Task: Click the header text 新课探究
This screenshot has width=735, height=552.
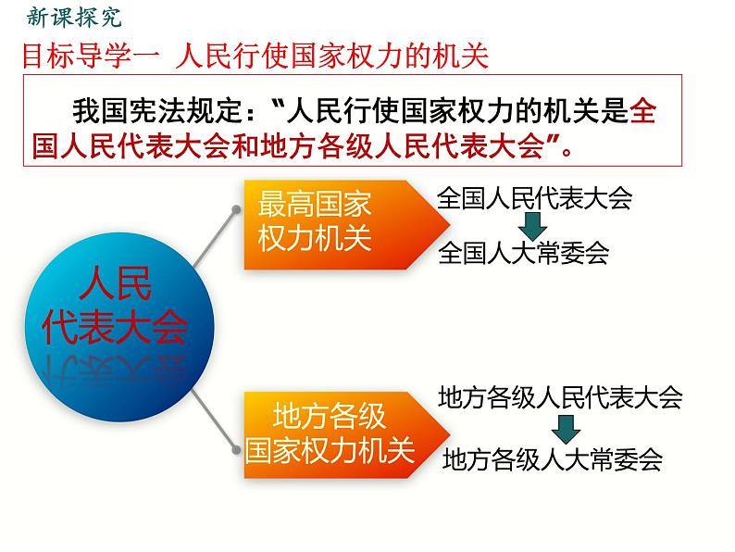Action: click(74, 18)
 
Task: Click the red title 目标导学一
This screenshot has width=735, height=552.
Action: click(91, 56)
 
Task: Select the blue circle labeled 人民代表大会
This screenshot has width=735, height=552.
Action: click(119, 327)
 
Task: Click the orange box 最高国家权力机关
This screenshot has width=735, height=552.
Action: click(347, 225)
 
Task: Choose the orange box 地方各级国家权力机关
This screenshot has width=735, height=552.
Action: click(347, 434)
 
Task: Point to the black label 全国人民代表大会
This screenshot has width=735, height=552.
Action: click(534, 197)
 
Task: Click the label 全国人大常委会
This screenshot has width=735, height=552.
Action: click(523, 253)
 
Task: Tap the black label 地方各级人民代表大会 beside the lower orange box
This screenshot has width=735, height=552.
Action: click(560, 397)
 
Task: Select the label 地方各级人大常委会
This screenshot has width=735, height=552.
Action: click(553, 459)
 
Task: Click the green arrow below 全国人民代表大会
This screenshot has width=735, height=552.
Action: click(532, 227)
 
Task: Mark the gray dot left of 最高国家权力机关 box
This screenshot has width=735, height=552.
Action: click(237, 209)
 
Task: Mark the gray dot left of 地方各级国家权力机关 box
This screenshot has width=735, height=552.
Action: click(236, 449)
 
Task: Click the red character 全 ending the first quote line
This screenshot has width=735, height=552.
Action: click(643, 112)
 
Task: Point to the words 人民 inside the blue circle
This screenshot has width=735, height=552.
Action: click(116, 282)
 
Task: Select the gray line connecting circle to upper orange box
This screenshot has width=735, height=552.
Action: click(216, 238)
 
